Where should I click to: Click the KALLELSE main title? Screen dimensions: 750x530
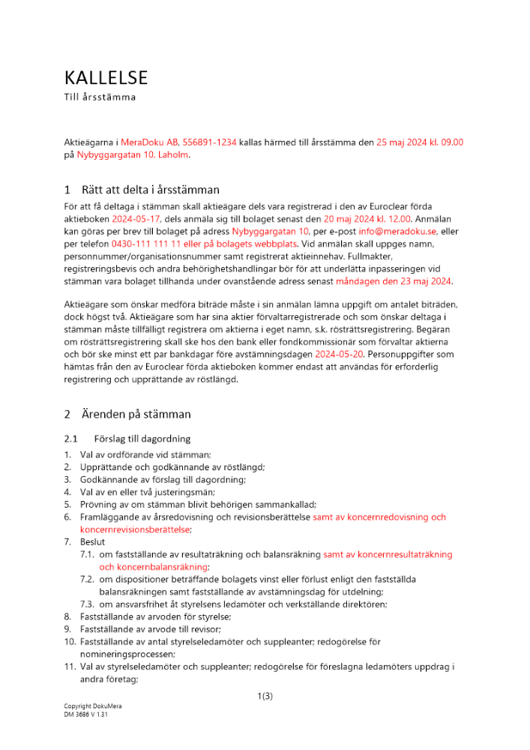pyautogui.click(x=106, y=77)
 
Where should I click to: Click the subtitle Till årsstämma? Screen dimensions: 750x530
pyautogui.click(x=100, y=97)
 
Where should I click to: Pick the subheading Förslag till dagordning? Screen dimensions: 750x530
pyautogui.click(x=142, y=438)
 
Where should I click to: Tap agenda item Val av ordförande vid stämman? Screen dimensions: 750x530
pyautogui.click(x=146, y=454)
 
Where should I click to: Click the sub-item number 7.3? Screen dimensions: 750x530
pyautogui.click(x=88, y=604)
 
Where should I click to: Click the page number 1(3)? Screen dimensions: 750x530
pyautogui.click(x=265, y=696)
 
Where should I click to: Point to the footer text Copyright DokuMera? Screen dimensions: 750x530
pyautogui.click(x=92, y=707)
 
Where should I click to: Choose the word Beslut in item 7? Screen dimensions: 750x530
pyautogui.click(x=93, y=541)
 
